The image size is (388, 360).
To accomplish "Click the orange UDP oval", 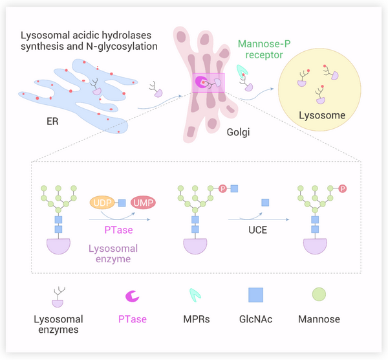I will pyautogui.click(x=102, y=203).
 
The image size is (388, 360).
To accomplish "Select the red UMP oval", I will pyautogui.click(x=144, y=203).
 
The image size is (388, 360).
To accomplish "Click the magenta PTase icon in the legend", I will pyautogui.click(x=132, y=296).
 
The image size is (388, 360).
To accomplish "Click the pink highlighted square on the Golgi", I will pyautogui.click(x=207, y=83).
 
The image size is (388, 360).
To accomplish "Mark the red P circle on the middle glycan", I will pyautogui.click(x=222, y=188).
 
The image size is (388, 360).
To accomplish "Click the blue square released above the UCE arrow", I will pyautogui.click(x=264, y=203).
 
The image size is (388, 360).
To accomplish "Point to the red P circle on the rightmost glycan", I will pyautogui.click(x=342, y=188).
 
